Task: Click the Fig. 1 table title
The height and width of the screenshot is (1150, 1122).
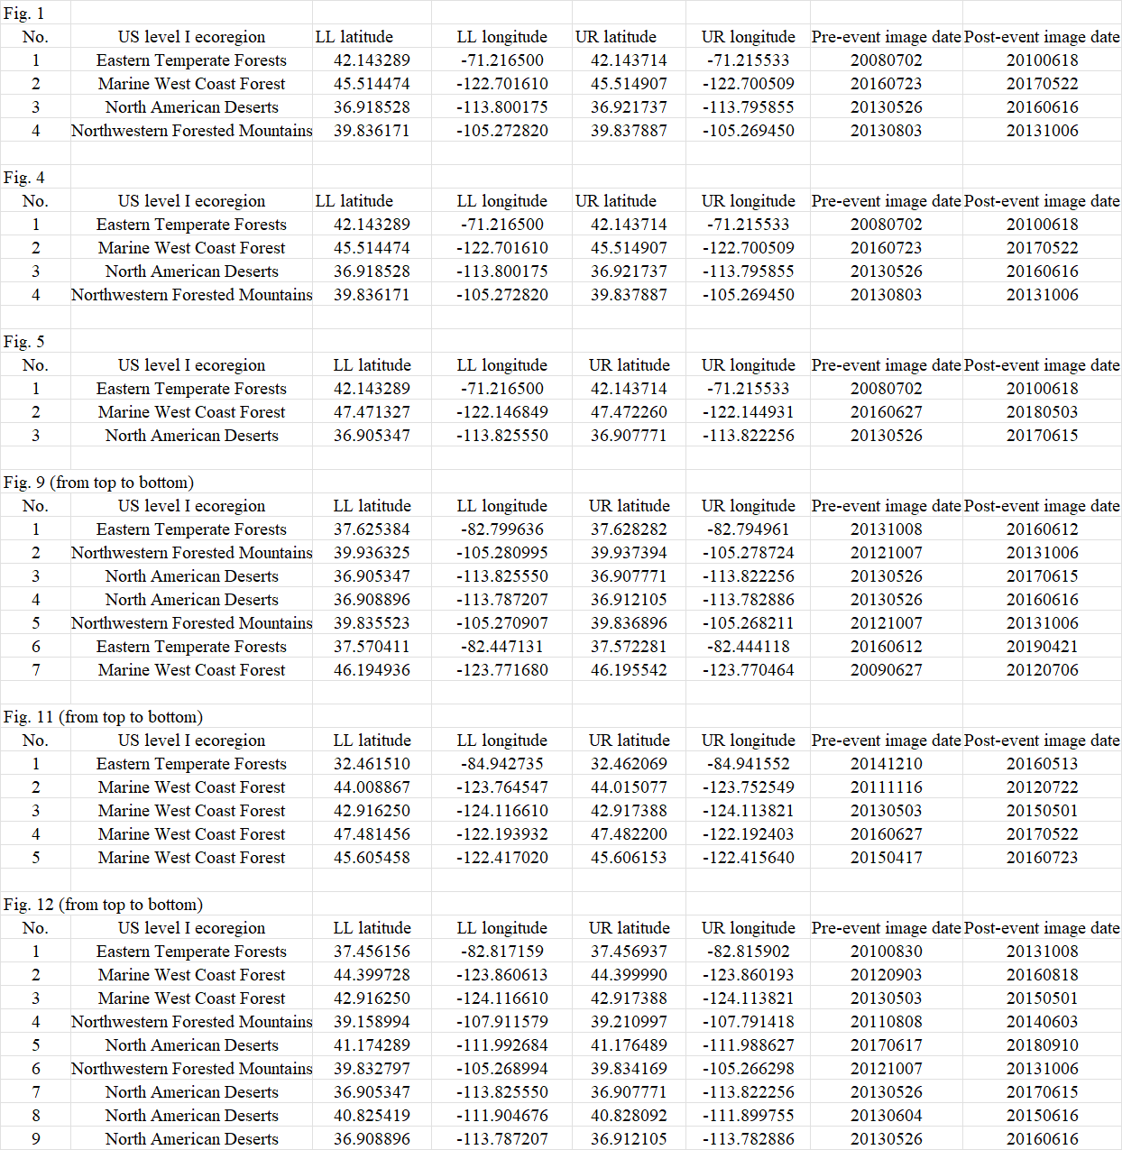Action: click(23, 14)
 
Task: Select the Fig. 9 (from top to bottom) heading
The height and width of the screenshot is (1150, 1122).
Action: click(98, 483)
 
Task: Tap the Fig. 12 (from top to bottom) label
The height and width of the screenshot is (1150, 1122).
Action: click(103, 905)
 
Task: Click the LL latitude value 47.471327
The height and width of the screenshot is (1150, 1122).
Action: click(372, 412)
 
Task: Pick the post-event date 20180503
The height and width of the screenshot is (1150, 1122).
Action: click(1042, 412)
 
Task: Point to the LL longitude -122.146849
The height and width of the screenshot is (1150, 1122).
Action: click(501, 412)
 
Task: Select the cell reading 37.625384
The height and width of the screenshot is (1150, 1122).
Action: click(372, 529)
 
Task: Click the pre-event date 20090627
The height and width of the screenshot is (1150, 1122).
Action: click(886, 670)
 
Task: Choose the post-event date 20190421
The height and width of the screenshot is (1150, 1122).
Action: click(1042, 647)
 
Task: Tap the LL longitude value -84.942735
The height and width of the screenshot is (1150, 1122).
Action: click(501, 764)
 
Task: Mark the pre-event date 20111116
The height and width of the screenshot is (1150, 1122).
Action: click(886, 787)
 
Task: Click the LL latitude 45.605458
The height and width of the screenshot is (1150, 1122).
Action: click(372, 858)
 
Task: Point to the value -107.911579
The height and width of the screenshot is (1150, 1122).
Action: click(501, 1022)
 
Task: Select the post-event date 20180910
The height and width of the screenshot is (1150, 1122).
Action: click(1042, 1045)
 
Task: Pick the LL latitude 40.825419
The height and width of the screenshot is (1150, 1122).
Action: click(372, 1116)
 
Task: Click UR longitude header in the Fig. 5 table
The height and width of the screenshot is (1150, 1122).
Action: click(749, 365)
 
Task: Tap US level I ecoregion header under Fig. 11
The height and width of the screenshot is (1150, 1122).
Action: click(191, 741)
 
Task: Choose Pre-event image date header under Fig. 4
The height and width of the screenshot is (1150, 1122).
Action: click(886, 201)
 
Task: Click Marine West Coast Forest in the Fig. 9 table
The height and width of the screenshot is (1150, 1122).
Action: click(191, 670)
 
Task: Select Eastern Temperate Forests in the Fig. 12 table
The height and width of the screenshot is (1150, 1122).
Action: click(191, 952)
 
